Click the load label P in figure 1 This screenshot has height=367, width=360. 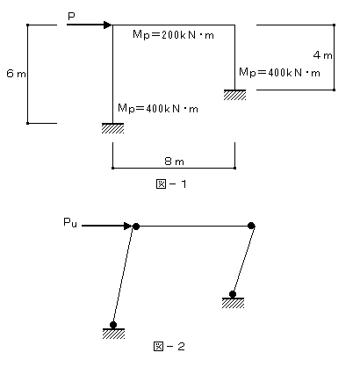[71, 16]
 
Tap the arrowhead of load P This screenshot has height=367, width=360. [108, 25]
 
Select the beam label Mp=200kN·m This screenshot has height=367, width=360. [173, 35]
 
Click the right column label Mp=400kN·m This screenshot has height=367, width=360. [279, 72]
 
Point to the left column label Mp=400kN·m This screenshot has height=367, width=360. [158, 109]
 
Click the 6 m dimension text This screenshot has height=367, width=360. [16, 74]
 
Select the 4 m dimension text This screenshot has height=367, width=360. [322, 55]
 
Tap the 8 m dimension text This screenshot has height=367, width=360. [174, 162]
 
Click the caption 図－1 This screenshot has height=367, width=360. [171, 184]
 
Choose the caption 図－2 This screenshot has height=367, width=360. [169, 347]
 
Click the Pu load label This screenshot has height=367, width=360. [70, 223]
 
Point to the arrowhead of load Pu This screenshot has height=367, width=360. [128, 226]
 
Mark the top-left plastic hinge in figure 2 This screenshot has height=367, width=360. [136, 227]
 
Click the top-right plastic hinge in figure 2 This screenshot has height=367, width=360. [251, 226]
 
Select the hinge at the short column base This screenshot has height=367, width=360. [233, 294]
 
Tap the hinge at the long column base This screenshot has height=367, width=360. [113, 325]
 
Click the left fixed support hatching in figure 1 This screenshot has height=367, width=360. [112, 128]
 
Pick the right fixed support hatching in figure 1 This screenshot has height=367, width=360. [234, 95]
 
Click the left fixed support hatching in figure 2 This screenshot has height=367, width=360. [113, 334]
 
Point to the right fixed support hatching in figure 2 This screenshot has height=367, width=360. [233, 303]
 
